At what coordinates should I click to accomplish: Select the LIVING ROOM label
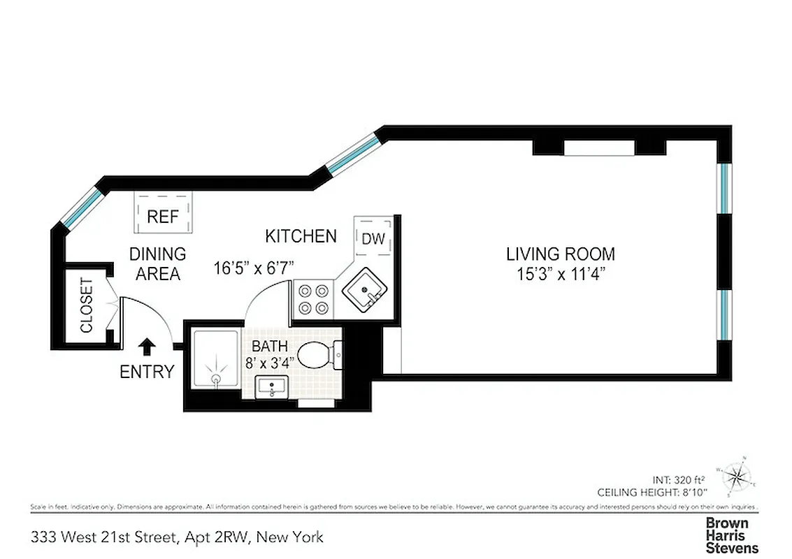pos(561,254)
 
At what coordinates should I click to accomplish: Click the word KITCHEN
pos(301,236)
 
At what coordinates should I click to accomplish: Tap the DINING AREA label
pos(158,263)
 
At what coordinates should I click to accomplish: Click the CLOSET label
pos(87,305)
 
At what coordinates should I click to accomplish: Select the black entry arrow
pos(147,347)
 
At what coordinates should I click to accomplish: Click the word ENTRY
pos(147,372)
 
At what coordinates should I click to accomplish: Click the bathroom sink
pos(271,386)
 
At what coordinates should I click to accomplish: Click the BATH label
pos(270,346)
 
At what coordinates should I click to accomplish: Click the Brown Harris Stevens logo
pos(732,535)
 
